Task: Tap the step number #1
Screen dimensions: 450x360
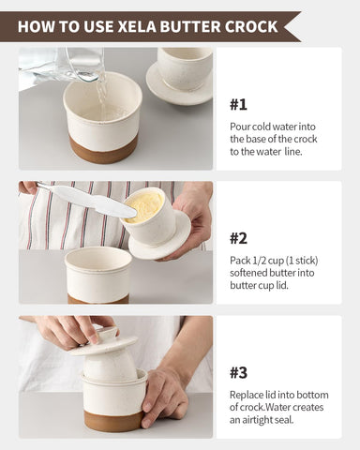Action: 240,104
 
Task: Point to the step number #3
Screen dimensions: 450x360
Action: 240,372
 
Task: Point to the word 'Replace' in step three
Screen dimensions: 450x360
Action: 248,395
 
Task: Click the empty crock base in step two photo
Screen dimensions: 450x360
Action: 98,273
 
